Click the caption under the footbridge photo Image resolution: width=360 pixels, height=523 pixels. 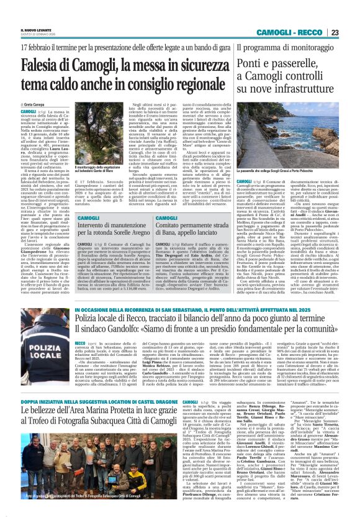(289, 184)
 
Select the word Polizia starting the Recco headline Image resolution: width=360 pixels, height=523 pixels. (88, 318)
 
